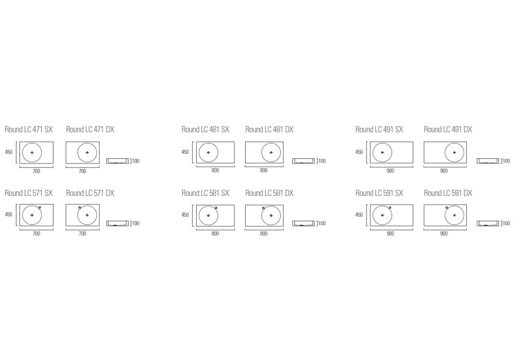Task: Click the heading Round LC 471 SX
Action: pos(28,130)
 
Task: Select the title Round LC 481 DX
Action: pos(269,130)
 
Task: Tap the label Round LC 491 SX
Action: pos(379,130)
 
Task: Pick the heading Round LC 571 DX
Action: pos(90,193)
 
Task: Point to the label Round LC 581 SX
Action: pos(206,193)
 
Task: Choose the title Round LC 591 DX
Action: pos(448,193)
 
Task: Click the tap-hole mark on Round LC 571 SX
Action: pos(40,207)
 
